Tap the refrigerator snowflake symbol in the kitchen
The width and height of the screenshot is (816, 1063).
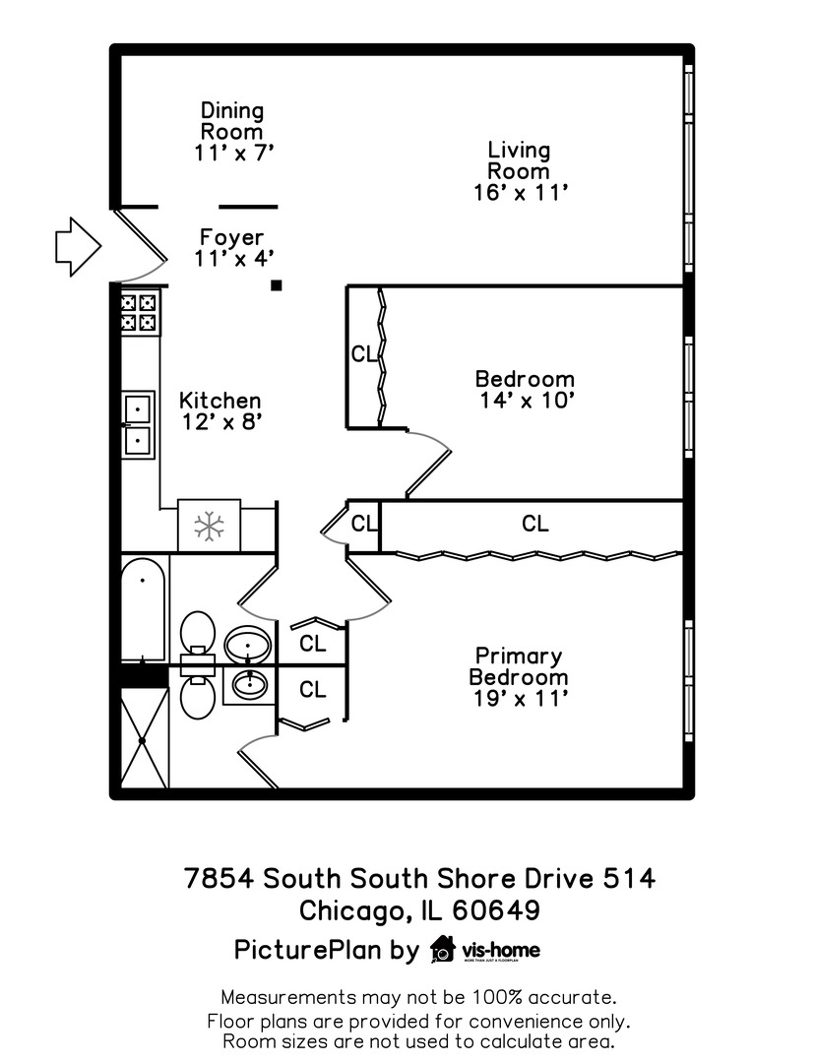click(x=209, y=526)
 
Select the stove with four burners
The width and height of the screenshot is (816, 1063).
click(x=139, y=312)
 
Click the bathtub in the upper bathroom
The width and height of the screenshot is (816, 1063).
click(x=144, y=610)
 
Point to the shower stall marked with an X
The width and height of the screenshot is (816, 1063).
click(x=143, y=738)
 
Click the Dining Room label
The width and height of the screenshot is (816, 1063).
click(x=232, y=121)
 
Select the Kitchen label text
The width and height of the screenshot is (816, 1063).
click(x=220, y=401)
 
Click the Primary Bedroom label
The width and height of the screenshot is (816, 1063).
click(x=519, y=666)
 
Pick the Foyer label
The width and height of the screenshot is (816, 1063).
click(x=231, y=237)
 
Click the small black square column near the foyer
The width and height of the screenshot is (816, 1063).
click(x=277, y=285)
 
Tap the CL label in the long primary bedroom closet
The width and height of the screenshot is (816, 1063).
click(x=534, y=525)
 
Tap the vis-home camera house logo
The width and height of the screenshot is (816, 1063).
click(x=443, y=949)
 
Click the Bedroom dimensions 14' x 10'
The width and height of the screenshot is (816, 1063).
click(x=525, y=401)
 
